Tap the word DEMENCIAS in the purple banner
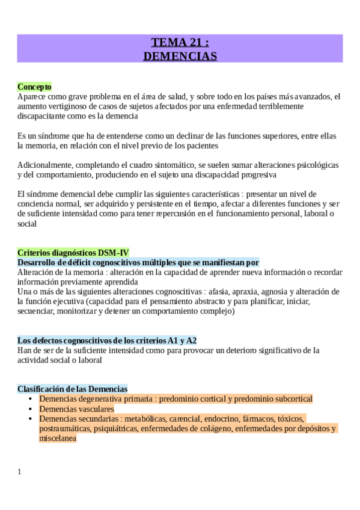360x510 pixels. (180, 56)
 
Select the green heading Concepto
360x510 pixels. (34, 87)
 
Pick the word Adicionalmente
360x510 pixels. (45, 164)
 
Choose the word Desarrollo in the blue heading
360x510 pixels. (38, 262)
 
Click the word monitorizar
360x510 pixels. (77, 312)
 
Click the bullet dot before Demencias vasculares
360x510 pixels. (31, 409)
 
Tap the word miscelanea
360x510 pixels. (58, 438)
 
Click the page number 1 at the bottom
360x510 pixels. (19, 472)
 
